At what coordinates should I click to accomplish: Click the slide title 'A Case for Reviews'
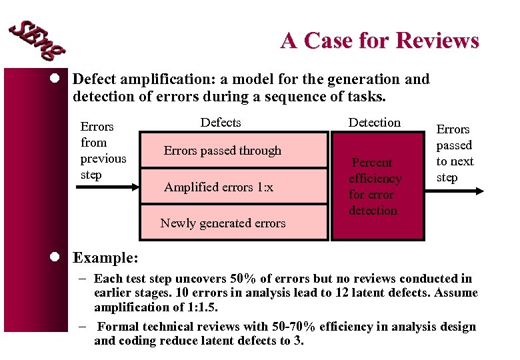point(379,41)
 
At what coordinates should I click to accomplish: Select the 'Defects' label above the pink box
point(221,123)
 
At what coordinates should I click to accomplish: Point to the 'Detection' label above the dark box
point(375,123)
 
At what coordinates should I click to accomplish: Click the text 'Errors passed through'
point(223,151)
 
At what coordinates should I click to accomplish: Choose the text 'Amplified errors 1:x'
point(219,187)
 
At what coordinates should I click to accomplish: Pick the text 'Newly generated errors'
point(223,223)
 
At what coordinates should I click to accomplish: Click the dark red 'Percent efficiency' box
point(374,187)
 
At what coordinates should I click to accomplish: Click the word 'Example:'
point(105,257)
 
